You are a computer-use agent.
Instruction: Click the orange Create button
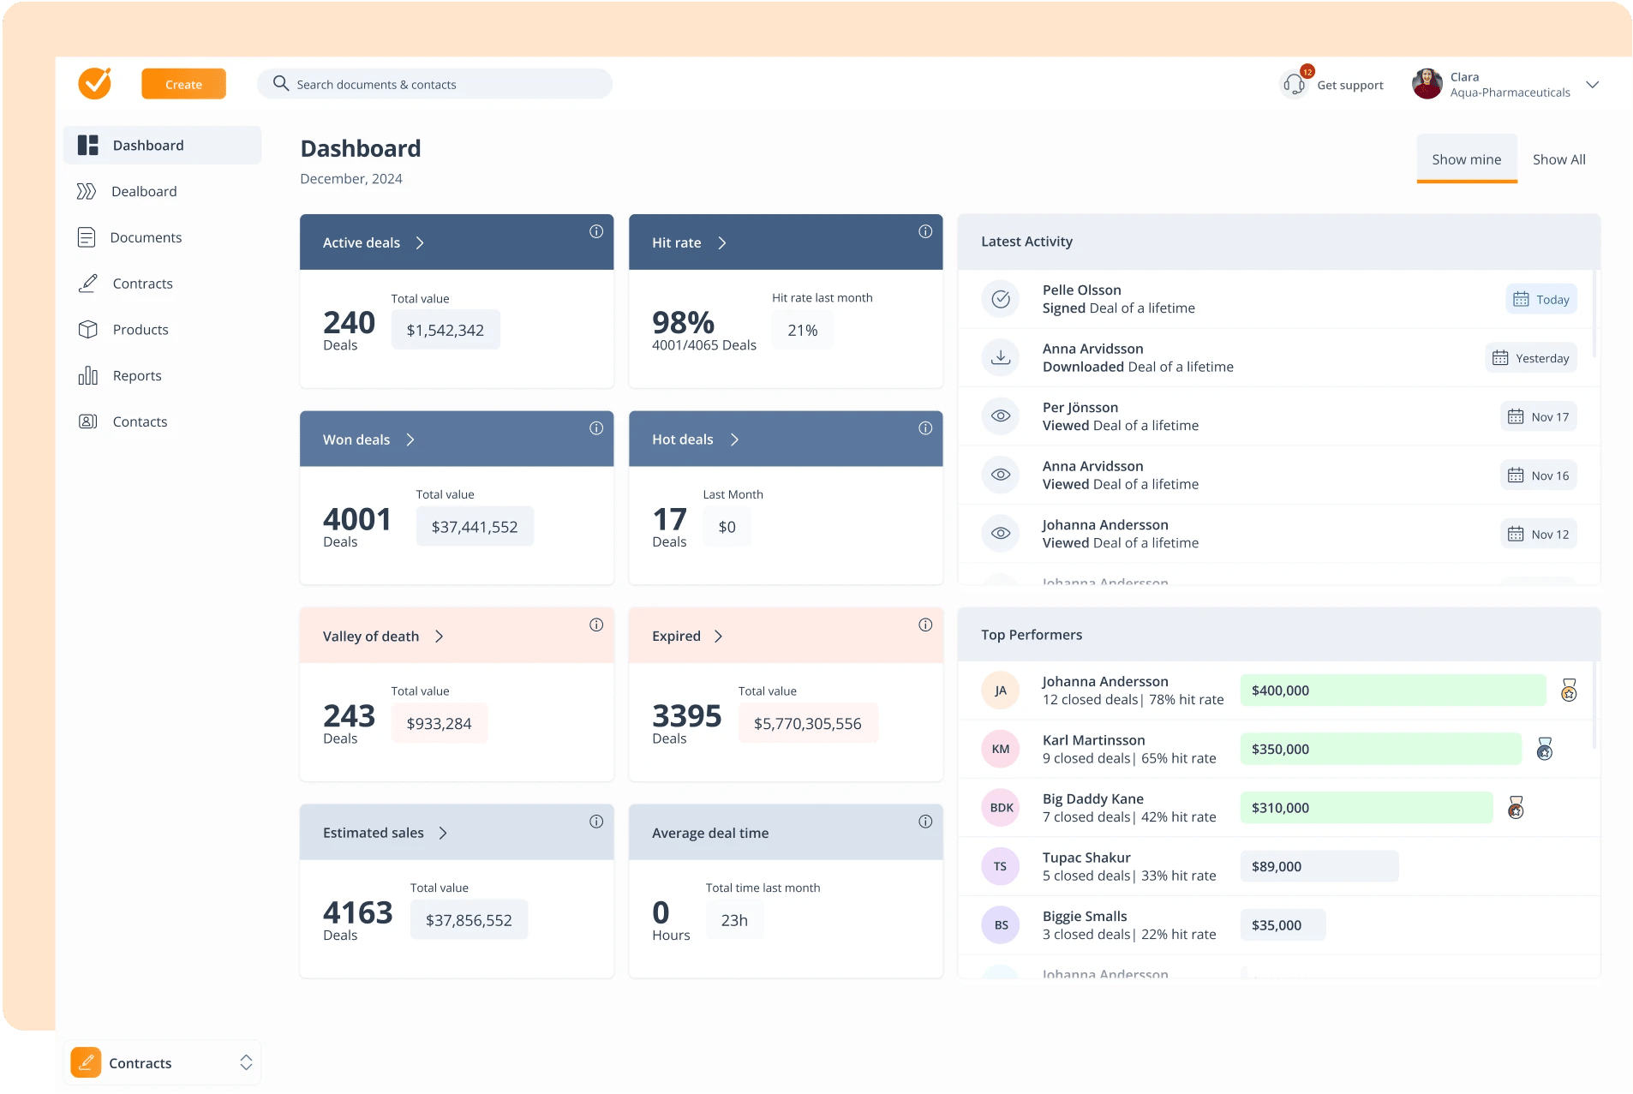[x=183, y=84]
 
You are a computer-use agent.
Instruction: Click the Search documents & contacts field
[x=434, y=84]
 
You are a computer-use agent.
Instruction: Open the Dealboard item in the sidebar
[x=144, y=191]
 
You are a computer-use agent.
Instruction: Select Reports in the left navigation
[x=136, y=375]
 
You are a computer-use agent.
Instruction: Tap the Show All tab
[x=1558, y=159]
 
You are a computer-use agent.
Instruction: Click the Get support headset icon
[x=1294, y=85]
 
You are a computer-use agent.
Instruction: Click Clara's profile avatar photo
[x=1427, y=84]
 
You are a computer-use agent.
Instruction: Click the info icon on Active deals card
[x=596, y=231]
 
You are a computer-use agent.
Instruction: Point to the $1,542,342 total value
[x=446, y=330]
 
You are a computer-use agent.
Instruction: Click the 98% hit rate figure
[x=683, y=322]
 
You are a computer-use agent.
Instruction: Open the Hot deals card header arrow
[x=734, y=439]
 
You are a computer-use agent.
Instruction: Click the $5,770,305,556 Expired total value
[x=807, y=723]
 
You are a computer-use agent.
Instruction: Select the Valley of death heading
[x=371, y=636]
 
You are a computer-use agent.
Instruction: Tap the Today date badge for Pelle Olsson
[x=1540, y=299]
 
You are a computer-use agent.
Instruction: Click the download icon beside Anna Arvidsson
[x=1000, y=357]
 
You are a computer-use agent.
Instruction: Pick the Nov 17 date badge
[x=1538, y=416]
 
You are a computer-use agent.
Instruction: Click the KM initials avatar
[x=1000, y=749]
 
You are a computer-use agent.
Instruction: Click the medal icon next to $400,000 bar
[x=1568, y=690]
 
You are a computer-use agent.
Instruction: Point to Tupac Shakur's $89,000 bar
[x=1319, y=866]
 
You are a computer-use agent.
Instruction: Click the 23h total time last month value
[x=734, y=920]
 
